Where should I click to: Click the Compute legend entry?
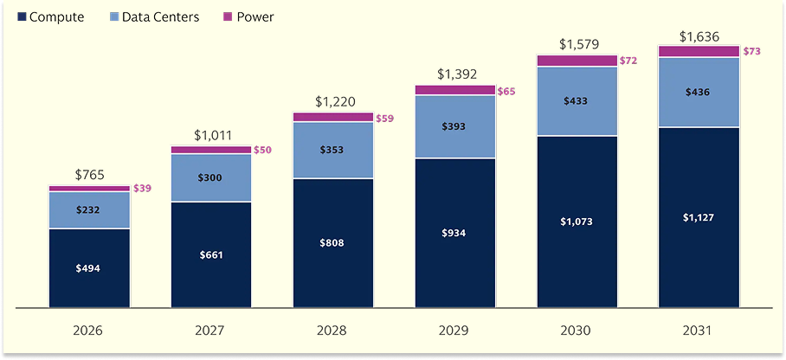(51, 17)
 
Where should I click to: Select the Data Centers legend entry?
(153, 17)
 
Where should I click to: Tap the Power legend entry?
(248, 17)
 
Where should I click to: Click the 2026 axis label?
(88, 331)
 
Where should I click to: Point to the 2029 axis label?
(455, 331)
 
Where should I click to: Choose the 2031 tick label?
(699, 331)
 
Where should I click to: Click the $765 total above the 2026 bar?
(89, 175)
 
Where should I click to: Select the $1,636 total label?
(699, 36)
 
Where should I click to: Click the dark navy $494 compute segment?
(89, 267)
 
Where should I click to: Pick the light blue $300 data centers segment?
(211, 178)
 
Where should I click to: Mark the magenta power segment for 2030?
(577, 61)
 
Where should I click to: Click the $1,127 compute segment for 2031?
(699, 217)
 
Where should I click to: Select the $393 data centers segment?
(455, 127)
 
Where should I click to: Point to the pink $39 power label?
(142, 189)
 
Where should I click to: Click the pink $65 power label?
(506, 91)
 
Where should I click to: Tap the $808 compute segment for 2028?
(333, 242)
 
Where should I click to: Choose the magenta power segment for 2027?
(211, 150)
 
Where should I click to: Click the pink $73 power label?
(751, 51)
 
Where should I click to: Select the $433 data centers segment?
(577, 101)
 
